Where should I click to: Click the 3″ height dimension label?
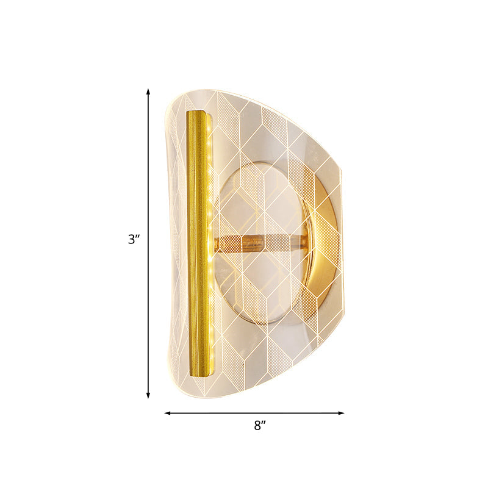tap(134, 240)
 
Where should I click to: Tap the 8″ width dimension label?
tap(260, 426)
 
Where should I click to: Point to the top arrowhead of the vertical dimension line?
tap(148, 91)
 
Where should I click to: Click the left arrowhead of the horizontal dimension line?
tap(167, 413)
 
